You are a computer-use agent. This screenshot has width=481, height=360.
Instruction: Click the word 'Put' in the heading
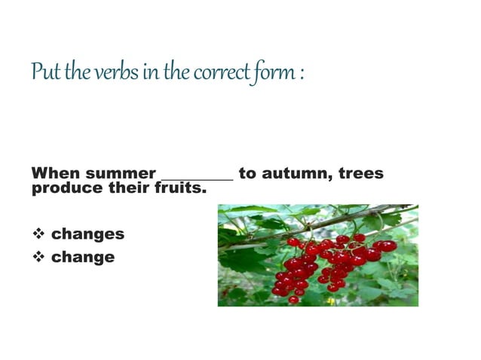(42, 73)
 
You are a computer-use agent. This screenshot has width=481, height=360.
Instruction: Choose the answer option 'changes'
(87, 234)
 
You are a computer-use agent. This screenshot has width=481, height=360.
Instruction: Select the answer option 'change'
(83, 258)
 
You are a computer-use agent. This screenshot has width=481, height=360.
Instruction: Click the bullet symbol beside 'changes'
(38, 234)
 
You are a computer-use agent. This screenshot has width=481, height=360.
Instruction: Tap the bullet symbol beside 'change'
(38, 258)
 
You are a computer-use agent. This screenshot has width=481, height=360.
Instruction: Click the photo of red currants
(317, 255)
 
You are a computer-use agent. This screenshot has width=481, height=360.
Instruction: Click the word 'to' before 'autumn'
(247, 174)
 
